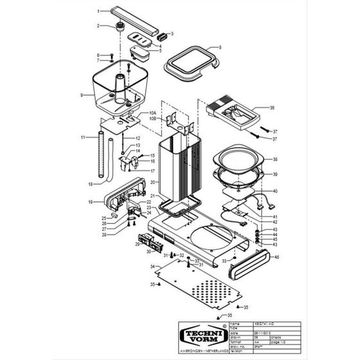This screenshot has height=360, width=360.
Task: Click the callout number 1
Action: click(99, 12)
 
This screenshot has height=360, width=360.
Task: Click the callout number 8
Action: click(219, 48)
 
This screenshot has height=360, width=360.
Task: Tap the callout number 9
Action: click(82, 95)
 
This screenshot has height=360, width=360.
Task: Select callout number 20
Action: click(152, 183)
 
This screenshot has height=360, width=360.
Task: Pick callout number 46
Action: click(276, 257)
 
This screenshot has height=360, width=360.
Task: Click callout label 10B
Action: click(153, 119)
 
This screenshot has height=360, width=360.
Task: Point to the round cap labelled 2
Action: click(119, 27)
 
